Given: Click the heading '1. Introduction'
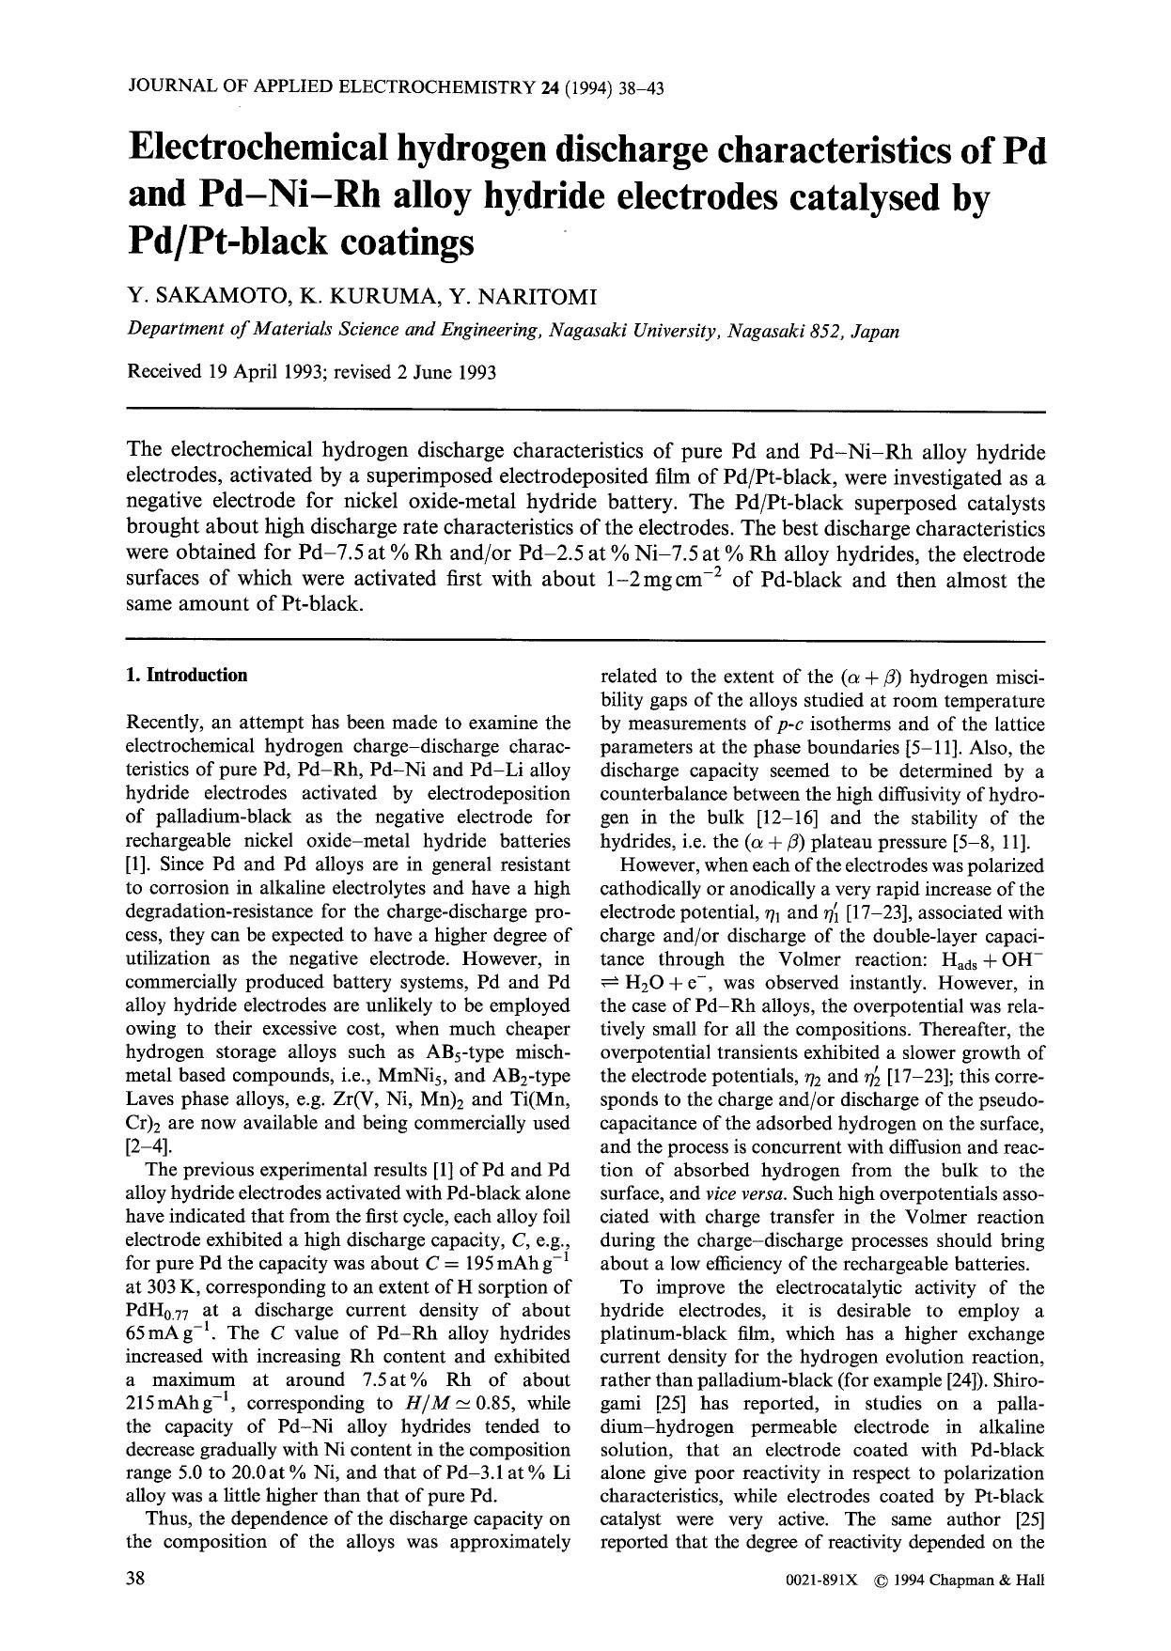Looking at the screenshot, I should point(187,676).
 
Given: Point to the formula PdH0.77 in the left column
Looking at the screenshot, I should point(159,1312).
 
